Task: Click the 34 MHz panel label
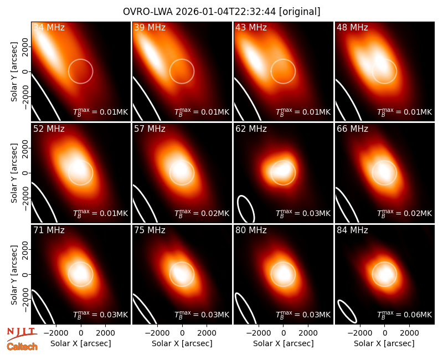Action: pyautogui.click(x=49, y=27)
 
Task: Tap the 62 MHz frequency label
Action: pyautogui.click(x=251, y=129)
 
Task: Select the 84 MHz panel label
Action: pyautogui.click(x=352, y=230)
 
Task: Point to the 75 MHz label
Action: pyautogui.click(x=150, y=230)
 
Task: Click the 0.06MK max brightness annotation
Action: pyautogui.click(x=405, y=314)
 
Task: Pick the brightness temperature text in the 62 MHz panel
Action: pyautogui.click(x=303, y=213)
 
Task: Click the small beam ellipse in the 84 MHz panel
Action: pyautogui.click(x=347, y=311)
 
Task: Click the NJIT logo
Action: pyautogui.click(x=22, y=333)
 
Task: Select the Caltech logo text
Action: pyautogui.click(x=22, y=347)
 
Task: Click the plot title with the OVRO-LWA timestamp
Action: pyautogui.click(x=221, y=12)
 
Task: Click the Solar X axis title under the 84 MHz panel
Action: pyautogui.click(x=384, y=343)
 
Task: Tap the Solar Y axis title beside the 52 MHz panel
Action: pyautogui.click(x=14, y=173)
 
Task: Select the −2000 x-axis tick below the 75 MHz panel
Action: pyautogui.click(x=157, y=333)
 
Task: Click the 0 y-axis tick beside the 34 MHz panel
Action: pyautogui.click(x=25, y=71)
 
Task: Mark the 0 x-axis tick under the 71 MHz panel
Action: pyautogui.click(x=81, y=333)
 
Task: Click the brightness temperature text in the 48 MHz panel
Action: pyautogui.click(x=405, y=112)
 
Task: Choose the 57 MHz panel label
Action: pyautogui.click(x=150, y=129)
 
